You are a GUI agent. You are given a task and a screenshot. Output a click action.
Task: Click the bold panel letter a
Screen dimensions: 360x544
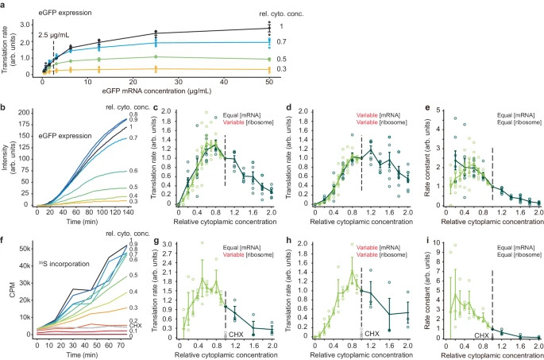click(x=4, y=5)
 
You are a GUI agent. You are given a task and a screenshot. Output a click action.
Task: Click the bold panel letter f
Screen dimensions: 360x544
click(x=3, y=237)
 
